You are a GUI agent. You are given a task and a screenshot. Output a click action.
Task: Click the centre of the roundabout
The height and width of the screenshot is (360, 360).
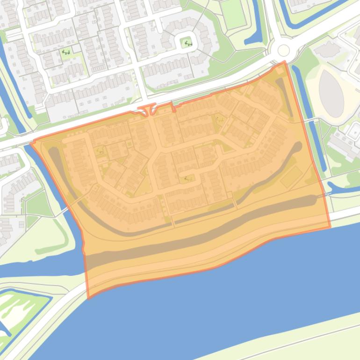tap(283, 50)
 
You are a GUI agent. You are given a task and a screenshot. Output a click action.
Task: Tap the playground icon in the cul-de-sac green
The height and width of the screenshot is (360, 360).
tap(188, 44)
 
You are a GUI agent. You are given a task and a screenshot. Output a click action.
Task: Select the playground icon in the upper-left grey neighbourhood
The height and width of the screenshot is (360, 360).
tap(66, 53)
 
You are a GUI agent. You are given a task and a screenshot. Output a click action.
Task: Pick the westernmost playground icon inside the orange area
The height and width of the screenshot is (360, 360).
tap(100, 151)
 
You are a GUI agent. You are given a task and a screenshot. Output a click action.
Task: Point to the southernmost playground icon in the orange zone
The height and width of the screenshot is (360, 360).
tap(187, 178)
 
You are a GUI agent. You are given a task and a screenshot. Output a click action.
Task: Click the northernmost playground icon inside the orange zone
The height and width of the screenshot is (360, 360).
tap(219, 120)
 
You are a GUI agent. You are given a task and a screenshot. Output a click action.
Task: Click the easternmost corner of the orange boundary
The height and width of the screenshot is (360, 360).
tap(330, 227)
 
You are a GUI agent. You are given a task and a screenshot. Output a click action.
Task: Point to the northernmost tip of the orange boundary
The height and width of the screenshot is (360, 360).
tap(284, 62)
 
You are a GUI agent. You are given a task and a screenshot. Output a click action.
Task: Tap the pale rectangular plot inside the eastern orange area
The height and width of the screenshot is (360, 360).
tap(292, 176)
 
